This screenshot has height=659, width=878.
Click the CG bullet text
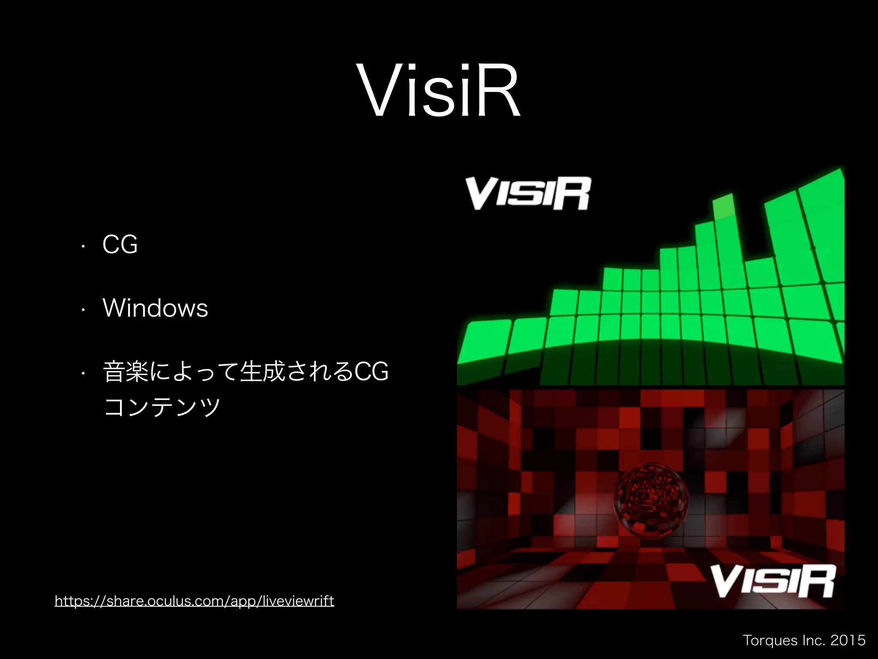[x=120, y=245]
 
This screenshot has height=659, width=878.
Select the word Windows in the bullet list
[x=155, y=308]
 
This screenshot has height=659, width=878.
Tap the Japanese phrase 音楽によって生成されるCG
[x=246, y=372]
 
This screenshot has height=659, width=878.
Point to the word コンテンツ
[x=162, y=407]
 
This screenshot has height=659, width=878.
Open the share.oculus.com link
[x=194, y=601]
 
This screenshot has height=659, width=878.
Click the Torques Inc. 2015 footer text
[x=804, y=640]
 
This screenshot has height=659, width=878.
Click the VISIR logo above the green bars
[x=528, y=193]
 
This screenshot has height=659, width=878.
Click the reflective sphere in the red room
[x=651, y=499]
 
